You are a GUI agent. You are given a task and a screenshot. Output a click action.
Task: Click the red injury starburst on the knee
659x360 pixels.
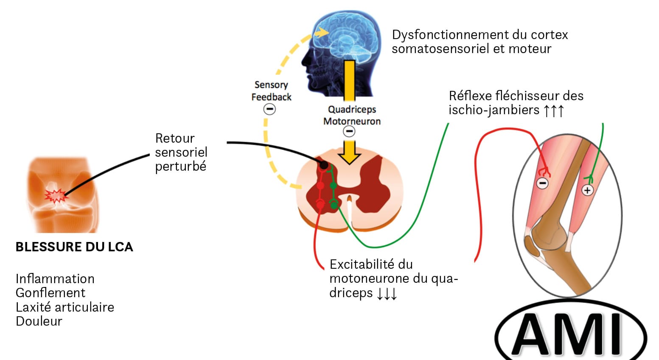coord(56,196)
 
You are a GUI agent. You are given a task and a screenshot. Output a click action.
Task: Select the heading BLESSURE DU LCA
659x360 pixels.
coord(74,247)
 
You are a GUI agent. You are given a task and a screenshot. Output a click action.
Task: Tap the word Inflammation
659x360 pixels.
coord(55,279)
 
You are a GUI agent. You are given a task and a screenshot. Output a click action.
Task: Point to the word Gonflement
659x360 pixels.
coord(50,293)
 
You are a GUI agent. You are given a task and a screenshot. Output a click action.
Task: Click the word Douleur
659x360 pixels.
coord(39,321)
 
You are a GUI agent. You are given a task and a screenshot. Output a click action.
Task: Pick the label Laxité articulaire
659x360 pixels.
coord(65,307)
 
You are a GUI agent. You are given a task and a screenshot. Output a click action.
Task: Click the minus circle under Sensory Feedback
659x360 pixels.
coord(269,109)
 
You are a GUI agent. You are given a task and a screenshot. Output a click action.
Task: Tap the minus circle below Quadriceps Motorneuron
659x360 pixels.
coord(349,132)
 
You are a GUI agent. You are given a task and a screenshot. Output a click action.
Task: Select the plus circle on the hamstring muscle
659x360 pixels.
coord(587,190)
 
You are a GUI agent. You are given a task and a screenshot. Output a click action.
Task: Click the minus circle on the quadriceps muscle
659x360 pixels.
coord(542,183)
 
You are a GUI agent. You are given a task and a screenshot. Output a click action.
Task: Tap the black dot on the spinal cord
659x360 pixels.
coord(323,165)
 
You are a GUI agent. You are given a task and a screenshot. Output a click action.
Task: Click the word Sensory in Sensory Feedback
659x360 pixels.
coord(271,85)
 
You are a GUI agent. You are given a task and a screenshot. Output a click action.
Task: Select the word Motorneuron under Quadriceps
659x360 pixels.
coord(352,121)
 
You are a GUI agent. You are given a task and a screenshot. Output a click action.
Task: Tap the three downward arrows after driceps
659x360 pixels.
coord(387,293)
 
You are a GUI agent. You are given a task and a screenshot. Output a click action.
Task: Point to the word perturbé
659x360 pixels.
coord(181,166)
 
